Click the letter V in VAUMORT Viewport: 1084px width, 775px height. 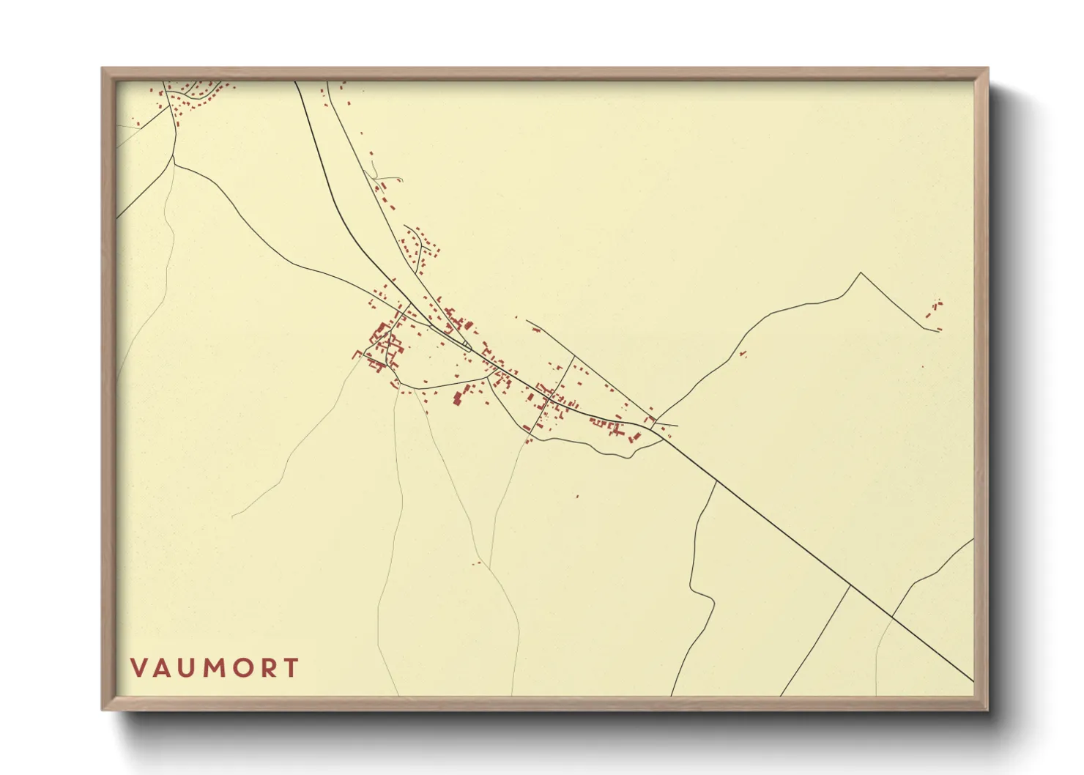138,668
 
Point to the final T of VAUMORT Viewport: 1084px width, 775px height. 292,668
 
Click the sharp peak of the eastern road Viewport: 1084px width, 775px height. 861,273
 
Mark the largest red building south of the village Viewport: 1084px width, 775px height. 457,398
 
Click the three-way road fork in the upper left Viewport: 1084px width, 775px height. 174,156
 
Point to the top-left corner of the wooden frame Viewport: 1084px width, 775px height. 103,69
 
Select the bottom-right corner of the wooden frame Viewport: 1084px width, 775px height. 987,709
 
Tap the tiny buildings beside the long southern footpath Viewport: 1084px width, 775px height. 477,563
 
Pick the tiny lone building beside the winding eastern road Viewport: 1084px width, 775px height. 743,355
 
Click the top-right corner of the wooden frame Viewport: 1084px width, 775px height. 987,69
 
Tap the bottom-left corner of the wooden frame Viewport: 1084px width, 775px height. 103,709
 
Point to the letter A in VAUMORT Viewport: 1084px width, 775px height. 163,668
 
